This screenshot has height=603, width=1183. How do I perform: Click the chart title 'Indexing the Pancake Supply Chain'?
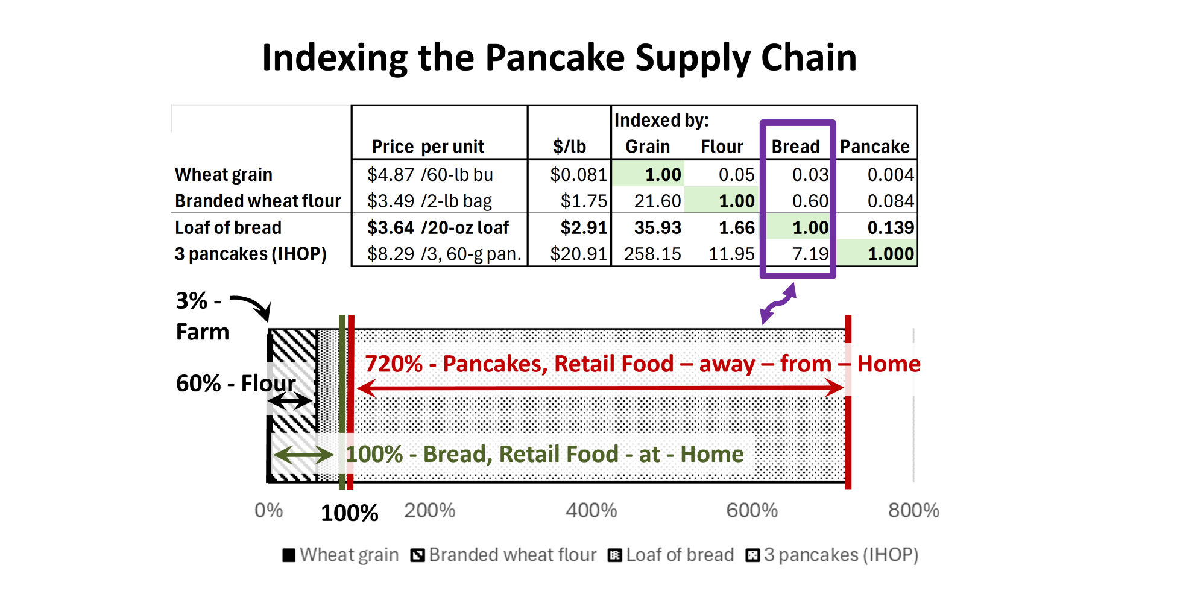click(559, 58)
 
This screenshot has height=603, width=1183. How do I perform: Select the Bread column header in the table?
click(795, 147)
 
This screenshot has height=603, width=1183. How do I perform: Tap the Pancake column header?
click(874, 147)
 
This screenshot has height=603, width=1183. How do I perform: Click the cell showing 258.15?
click(652, 254)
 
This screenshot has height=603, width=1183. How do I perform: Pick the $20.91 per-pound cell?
click(578, 254)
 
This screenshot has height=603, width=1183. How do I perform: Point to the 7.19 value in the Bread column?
click(810, 254)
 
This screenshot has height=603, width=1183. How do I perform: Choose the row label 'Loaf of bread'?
click(228, 227)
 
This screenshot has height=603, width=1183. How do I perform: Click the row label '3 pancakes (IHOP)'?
click(251, 254)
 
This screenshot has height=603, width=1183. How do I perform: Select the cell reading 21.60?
click(657, 201)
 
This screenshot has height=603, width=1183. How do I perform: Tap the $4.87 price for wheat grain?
click(391, 174)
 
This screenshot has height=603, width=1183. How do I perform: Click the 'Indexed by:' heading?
click(661, 121)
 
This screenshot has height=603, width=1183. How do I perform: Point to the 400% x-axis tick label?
click(591, 510)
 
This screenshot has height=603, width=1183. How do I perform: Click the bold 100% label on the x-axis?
click(350, 513)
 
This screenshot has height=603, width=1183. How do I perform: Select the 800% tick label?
click(913, 510)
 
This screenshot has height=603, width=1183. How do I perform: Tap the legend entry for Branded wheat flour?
click(503, 555)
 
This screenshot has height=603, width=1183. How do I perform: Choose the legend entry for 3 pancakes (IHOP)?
click(832, 555)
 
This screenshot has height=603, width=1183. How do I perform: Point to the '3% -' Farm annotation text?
click(198, 301)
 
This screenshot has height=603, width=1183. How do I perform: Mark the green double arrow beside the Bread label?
click(303, 454)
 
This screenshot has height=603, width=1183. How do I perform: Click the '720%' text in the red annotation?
click(394, 364)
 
